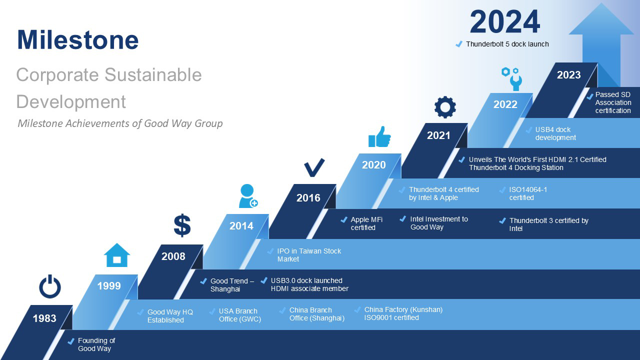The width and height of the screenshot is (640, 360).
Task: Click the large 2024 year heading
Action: (505, 22)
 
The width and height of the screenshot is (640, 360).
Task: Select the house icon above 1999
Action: (116, 255)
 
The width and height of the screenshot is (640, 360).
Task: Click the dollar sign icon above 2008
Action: (182, 225)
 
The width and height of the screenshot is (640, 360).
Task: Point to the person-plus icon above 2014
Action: (248, 196)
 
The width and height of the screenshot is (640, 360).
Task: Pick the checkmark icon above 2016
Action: (314, 167)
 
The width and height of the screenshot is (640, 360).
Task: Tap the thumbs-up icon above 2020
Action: (379, 136)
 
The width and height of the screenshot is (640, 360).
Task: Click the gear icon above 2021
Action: (445, 107)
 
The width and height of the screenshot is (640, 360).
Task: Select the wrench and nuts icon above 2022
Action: (511, 78)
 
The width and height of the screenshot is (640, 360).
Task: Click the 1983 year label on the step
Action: (44, 318)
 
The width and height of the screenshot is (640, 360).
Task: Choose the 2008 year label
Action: (173, 256)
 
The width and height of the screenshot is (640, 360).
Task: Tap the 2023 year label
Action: (568, 75)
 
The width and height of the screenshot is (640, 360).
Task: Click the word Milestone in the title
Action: (77, 39)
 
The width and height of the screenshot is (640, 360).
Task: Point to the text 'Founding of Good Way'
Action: (96, 344)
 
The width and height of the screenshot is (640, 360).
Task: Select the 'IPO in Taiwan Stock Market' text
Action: (309, 255)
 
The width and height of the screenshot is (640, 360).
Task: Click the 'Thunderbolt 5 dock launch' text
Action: (507, 44)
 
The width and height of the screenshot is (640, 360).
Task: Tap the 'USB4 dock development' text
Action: (555, 133)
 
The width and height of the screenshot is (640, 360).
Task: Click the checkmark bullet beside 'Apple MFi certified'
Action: (344, 220)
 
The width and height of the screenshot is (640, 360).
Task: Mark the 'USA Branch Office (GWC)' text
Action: (239, 315)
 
